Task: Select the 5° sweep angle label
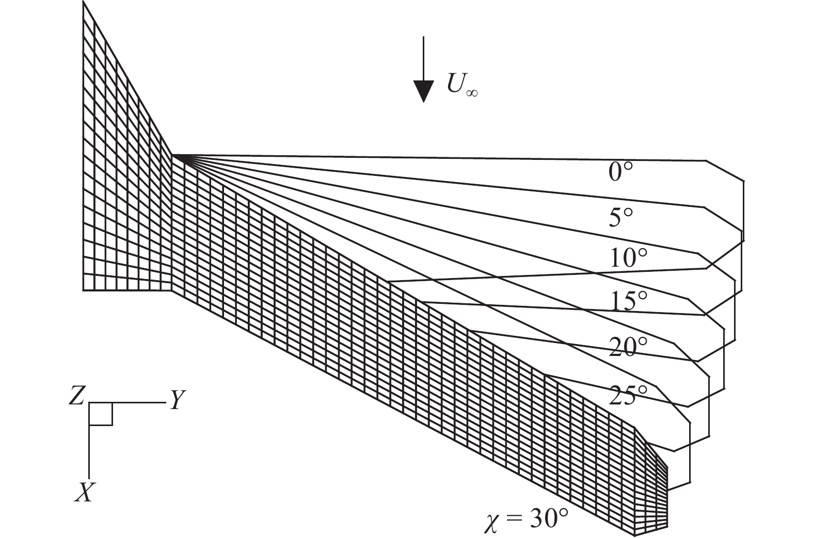tap(620, 218)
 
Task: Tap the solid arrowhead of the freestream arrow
tap(423, 92)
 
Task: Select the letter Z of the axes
tap(77, 397)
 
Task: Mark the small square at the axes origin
tap(101, 414)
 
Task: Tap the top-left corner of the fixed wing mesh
tap(84, 2)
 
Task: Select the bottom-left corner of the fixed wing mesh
tap(84, 291)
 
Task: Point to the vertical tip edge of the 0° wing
tap(743, 206)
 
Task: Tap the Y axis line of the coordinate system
tap(129, 402)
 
